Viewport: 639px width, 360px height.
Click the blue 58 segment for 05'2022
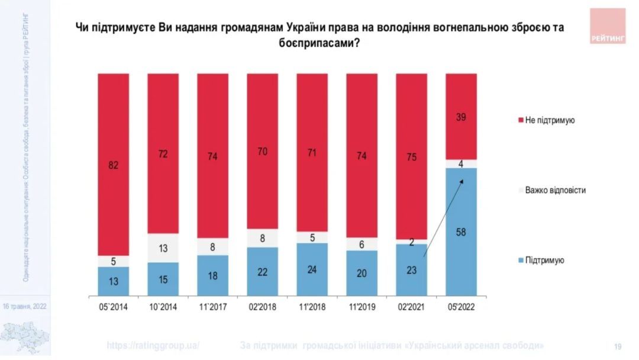pos(461,232)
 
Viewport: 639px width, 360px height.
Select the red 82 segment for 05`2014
pos(114,164)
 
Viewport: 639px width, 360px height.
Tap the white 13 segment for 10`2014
pos(163,247)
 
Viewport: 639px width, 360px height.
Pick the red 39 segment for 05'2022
pos(461,117)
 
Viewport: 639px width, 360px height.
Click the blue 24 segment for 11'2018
pos(312,269)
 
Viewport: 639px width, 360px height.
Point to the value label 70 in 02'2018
pos(262,151)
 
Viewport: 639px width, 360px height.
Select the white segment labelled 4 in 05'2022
pos(461,163)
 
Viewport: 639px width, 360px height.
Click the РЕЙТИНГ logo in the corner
pos(608,26)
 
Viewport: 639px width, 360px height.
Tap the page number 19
pos(618,346)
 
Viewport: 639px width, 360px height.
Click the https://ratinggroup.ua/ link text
pos(153,345)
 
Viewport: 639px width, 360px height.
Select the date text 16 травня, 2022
pos(24,307)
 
